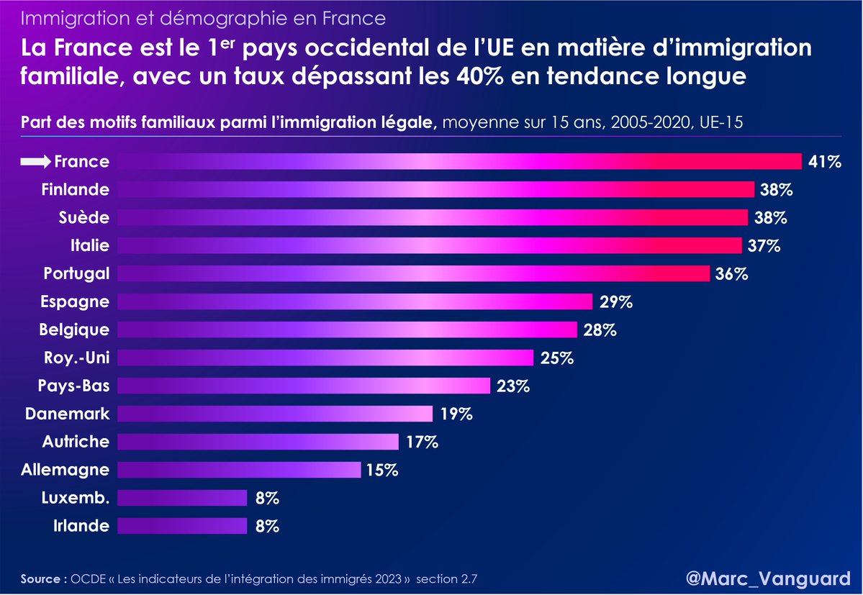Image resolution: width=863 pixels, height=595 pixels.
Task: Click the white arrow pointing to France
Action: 35,162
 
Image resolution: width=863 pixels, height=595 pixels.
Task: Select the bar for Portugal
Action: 414,273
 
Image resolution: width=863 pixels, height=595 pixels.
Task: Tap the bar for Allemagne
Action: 238,470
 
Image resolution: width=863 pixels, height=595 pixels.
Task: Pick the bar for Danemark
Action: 274,414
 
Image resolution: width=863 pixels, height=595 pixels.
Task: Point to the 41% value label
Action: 824,162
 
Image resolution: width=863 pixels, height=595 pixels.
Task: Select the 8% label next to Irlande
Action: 266,526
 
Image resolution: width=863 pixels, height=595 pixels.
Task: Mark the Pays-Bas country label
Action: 74,386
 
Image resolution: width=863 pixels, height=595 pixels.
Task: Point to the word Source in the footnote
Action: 42,578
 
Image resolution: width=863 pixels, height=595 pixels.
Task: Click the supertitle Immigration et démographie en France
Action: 203,17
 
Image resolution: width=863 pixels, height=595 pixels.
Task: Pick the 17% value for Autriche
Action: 421,442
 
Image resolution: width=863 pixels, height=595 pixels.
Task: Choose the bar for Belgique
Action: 346,330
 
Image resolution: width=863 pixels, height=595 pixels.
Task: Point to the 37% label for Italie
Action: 763,246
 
